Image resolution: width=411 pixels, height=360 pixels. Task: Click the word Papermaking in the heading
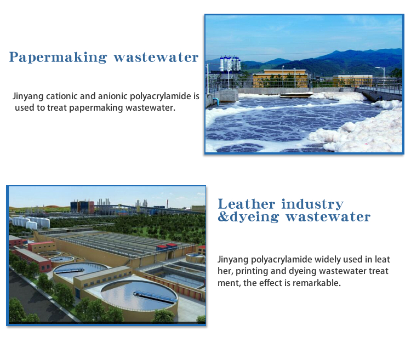[x=58, y=58]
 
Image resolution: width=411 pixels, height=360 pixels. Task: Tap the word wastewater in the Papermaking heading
[x=156, y=58]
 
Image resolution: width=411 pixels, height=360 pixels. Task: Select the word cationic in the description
[x=61, y=96]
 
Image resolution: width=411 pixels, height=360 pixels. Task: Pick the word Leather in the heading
[x=247, y=204]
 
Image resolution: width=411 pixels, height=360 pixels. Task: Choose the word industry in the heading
[x=312, y=204]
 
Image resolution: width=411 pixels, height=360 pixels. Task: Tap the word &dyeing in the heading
[x=248, y=217]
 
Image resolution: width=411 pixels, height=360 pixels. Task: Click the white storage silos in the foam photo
[x=230, y=64]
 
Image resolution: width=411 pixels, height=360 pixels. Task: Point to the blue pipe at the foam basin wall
[x=215, y=101]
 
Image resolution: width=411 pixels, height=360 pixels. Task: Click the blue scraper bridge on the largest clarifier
[x=155, y=297]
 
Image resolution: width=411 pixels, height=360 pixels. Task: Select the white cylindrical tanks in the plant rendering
[x=31, y=222]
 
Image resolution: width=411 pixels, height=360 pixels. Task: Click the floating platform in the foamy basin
[x=296, y=95]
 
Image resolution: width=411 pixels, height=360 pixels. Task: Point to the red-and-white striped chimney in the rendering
[x=167, y=204]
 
